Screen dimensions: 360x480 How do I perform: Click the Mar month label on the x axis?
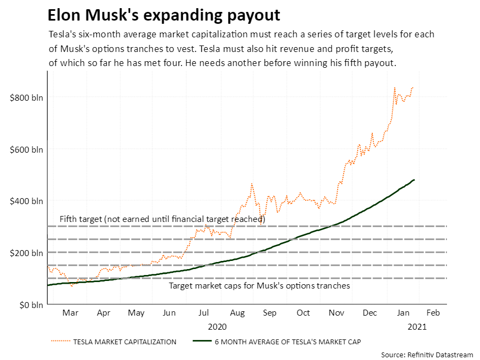point(70,313)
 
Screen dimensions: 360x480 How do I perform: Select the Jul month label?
point(203,313)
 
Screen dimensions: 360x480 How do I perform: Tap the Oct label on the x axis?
point(303,313)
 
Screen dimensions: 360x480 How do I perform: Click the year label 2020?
point(218,326)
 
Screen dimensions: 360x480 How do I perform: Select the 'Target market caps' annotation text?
point(260,285)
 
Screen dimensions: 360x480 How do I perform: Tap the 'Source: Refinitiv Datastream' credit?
point(427,355)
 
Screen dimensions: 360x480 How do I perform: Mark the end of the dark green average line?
point(414,180)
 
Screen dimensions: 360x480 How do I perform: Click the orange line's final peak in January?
point(412,87)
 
